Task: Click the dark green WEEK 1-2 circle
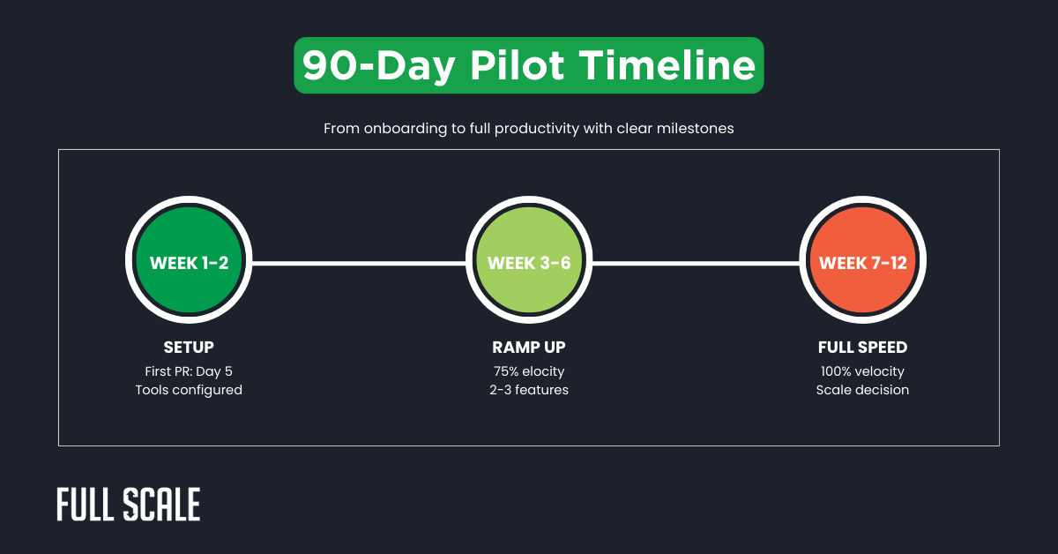click(189, 263)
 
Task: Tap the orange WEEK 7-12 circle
click(862, 263)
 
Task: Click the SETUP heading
click(189, 347)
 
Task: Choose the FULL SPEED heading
click(862, 347)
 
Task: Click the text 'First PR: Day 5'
click(189, 371)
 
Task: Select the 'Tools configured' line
click(189, 390)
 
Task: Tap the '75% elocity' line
click(528, 371)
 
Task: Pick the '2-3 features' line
click(528, 390)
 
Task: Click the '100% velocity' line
click(862, 371)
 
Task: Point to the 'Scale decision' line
click(862, 390)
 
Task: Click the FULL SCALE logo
click(129, 504)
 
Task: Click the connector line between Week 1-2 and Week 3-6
click(358, 263)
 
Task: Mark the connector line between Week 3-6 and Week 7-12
click(696, 263)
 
